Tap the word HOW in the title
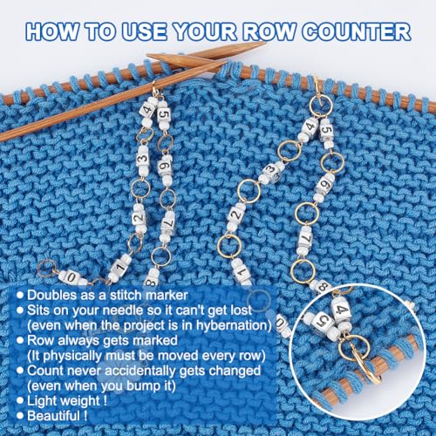52,31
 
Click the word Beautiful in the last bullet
53,416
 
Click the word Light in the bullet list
42,401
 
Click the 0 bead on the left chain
71,277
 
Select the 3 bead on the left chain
143,160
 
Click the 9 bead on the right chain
325,185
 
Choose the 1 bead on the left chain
119,267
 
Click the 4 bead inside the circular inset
342,310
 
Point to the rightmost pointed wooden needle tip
265,43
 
